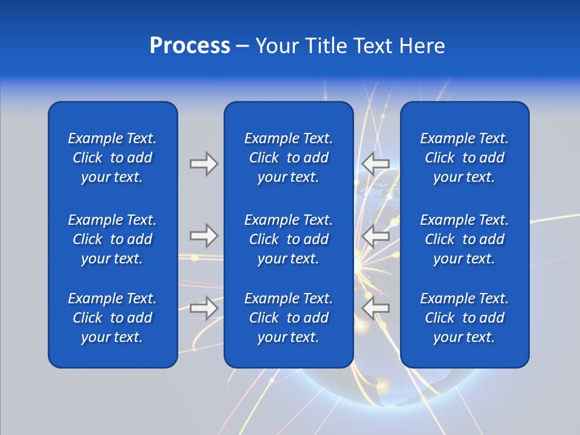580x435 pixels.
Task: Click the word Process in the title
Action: pos(190,46)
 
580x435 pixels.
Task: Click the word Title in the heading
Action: pos(326,46)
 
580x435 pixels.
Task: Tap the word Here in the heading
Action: pos(422,46)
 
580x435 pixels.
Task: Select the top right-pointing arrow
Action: pos(204,163)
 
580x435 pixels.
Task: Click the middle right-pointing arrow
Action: pos(204,236)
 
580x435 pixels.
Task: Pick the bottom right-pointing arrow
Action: pos(204,308)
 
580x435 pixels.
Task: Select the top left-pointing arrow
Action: pos(375,163)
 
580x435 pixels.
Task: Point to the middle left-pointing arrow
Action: pos(375,236)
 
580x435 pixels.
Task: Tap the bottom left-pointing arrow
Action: pos(375,308)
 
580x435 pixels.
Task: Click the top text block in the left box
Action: pos(112,158)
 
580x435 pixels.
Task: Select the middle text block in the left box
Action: pos(112,239)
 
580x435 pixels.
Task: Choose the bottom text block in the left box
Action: pos(112,318)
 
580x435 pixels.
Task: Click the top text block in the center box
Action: pos(288,158)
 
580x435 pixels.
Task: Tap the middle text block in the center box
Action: pos(288,239)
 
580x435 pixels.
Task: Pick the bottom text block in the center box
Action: pos(288,318)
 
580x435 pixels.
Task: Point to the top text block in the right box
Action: pos(464,158)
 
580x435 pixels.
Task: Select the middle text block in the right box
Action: pos(464,239)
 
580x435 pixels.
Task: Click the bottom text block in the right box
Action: pos(464,318)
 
